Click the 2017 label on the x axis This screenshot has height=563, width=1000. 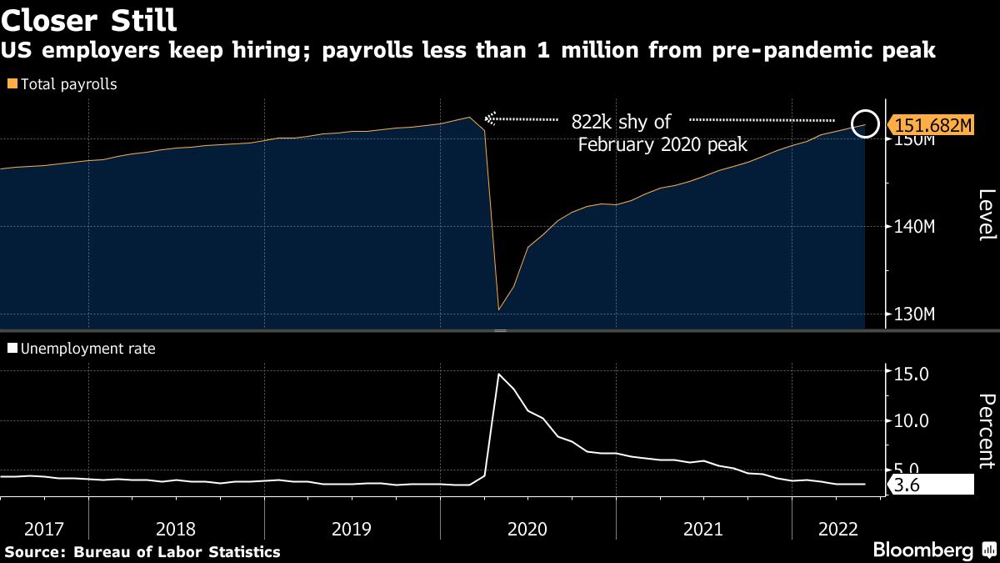44,529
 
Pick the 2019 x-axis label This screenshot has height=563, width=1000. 352,529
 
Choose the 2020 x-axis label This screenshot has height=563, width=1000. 527,529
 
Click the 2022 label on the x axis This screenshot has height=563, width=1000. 834,529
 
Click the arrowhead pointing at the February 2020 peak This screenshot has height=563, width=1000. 490,119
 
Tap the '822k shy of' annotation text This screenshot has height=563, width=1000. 621,122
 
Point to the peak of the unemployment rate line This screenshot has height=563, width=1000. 498,374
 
